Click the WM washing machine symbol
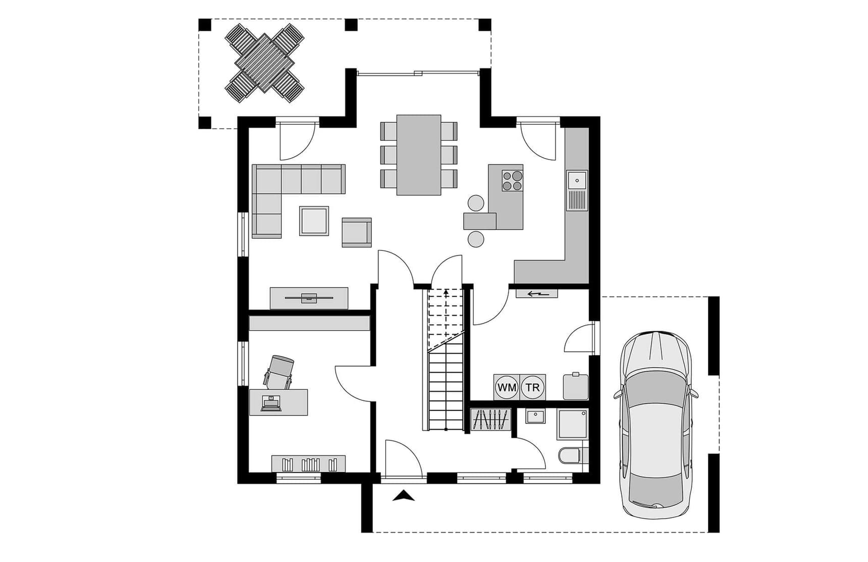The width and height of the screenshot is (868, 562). coord(507,387)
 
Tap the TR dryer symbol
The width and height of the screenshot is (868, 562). coord(533,387)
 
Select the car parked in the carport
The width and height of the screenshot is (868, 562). coord(656,425)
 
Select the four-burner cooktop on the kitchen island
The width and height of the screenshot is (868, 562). coord(512,180)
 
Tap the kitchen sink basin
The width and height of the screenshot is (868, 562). coord(576,180)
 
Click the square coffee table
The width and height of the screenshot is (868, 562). coord(314,221)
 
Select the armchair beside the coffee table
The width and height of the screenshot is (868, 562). coord(357,232)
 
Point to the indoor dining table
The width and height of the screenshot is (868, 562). coord(419,155)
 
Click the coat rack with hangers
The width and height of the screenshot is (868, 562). coord(491,420)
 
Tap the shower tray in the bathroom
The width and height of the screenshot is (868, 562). coord(573,424)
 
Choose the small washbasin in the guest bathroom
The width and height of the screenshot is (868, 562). coord(535,417)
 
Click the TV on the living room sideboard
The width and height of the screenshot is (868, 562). coord(309,298)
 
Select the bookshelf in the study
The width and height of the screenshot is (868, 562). coord(308,464)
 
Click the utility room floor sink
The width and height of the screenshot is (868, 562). coord(576,386)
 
